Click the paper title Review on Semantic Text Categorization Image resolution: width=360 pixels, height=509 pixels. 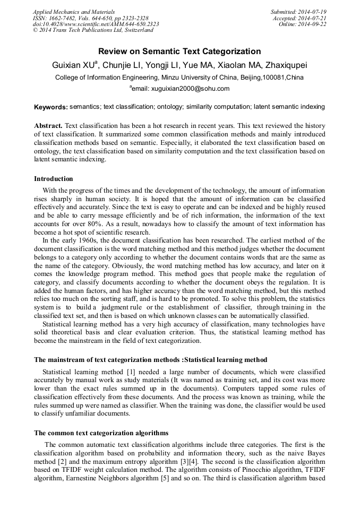[x=179, y=51]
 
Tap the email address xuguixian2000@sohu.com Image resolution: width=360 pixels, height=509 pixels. [x=190, y=89]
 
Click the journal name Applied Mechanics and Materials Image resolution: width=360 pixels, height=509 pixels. [x=74, y=11]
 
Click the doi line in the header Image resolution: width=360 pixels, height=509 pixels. [x=96, y=24]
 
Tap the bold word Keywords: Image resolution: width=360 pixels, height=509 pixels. [x=50, y=107]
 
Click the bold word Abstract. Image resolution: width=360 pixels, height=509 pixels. [x=48, y=126]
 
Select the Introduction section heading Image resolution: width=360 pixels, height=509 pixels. [x=54, y=179]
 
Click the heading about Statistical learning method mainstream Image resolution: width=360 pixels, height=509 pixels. [x=150, y=360]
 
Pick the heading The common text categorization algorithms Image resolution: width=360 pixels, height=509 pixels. [x=101, y=433]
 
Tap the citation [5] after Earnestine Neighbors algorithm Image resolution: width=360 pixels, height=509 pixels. [x=165, y=477]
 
